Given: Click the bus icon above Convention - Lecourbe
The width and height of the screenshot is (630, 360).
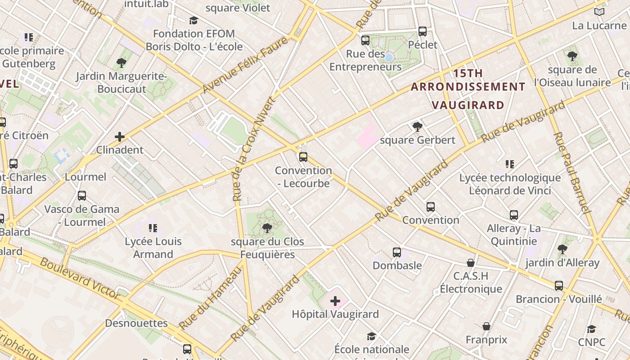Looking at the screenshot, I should [x=303, y=157].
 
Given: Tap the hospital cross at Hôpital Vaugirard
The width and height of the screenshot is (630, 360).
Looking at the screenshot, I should [x=335, y=301].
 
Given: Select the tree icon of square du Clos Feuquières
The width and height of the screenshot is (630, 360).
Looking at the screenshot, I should [x=267, y=228].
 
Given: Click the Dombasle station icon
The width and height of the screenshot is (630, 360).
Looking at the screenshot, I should [x=396, y=252].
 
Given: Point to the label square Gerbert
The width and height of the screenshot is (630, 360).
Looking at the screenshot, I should [x=418, y=140].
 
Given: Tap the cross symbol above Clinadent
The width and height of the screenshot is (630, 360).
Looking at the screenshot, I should [x=120, y=136].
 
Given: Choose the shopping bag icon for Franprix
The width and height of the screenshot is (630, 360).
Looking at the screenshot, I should [x=486, y=326].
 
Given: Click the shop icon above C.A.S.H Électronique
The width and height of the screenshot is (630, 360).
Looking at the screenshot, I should [x=471, y=263].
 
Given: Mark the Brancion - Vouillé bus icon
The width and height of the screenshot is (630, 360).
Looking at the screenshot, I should [x=559, y=286].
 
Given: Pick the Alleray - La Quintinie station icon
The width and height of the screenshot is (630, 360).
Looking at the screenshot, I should [x=514, y=215].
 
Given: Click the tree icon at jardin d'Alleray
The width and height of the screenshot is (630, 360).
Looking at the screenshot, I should [x=562, y=249].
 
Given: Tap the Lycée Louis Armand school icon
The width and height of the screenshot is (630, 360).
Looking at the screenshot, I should [x=153, y=228].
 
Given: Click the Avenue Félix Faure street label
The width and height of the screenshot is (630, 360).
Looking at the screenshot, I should [x=245, y=66].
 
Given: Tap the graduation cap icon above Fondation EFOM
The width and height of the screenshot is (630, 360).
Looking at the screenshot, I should [x=193, y=20].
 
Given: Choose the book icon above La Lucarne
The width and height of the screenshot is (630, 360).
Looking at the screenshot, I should [x=599, y=12].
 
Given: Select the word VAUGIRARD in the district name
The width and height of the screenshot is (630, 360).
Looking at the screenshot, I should [x=468, y=105].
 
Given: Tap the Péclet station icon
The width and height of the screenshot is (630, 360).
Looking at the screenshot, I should [x=423, y=31].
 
